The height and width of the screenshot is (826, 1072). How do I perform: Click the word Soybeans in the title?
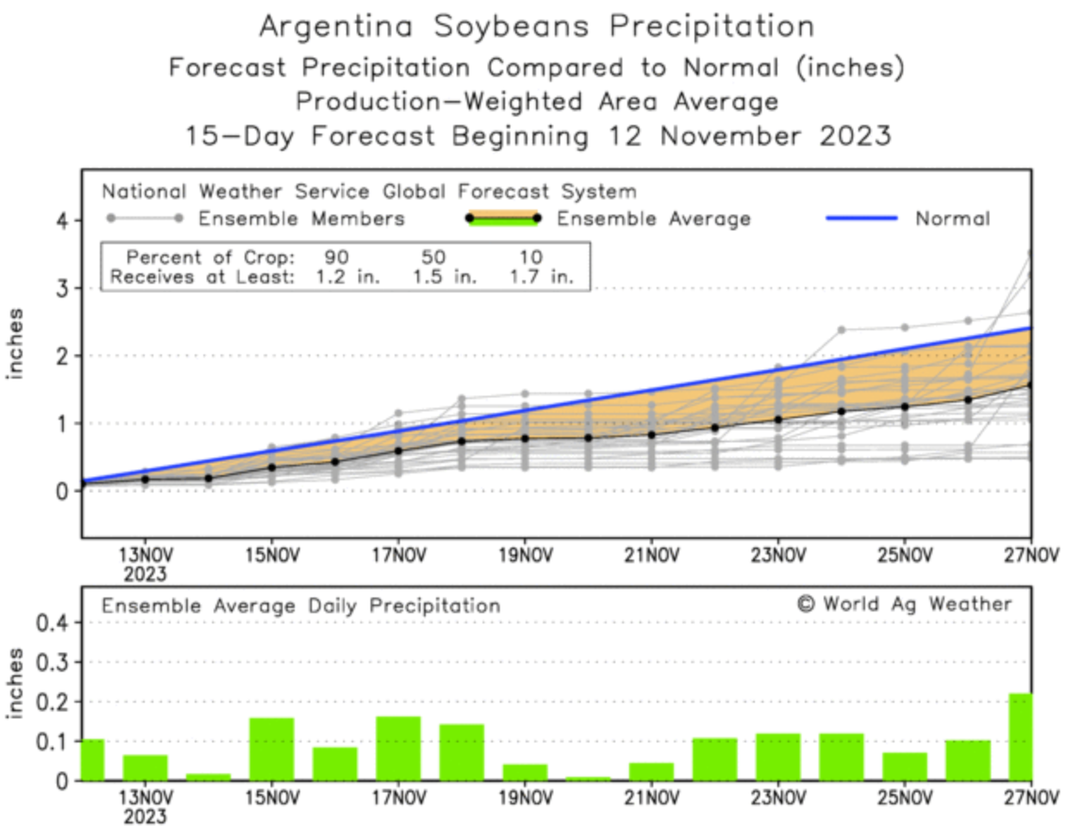click(510, 27)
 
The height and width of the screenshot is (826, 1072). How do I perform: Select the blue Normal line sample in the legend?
click(862, 219)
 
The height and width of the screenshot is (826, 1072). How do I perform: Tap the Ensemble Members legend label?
click(302, 219)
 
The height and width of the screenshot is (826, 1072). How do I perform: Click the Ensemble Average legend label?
click(653, 219)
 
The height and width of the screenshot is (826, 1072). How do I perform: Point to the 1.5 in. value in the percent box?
click(444, 278)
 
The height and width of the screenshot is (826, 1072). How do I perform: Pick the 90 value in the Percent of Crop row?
click(337, 257)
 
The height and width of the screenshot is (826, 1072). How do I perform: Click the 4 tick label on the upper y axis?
click(62, 221)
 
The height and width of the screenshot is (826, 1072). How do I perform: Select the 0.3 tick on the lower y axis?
click(51, 662)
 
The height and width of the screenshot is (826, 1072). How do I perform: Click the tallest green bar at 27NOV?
click(1020, 737)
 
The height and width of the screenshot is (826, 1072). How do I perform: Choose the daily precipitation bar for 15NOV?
click(271, 749)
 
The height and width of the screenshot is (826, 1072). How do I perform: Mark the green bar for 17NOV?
click(398, 748)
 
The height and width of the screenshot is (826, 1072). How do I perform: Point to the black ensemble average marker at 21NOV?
click(651, 435)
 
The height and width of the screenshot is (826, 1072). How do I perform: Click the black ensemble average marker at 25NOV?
click(905, 407)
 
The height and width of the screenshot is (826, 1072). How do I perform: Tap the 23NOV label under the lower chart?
click(778, 798)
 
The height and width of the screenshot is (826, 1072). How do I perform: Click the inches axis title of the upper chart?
click(16, 343)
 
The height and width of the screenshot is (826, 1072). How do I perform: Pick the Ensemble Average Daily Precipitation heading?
click(301, 606)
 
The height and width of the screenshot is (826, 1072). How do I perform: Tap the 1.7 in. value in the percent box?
click(540, 278)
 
